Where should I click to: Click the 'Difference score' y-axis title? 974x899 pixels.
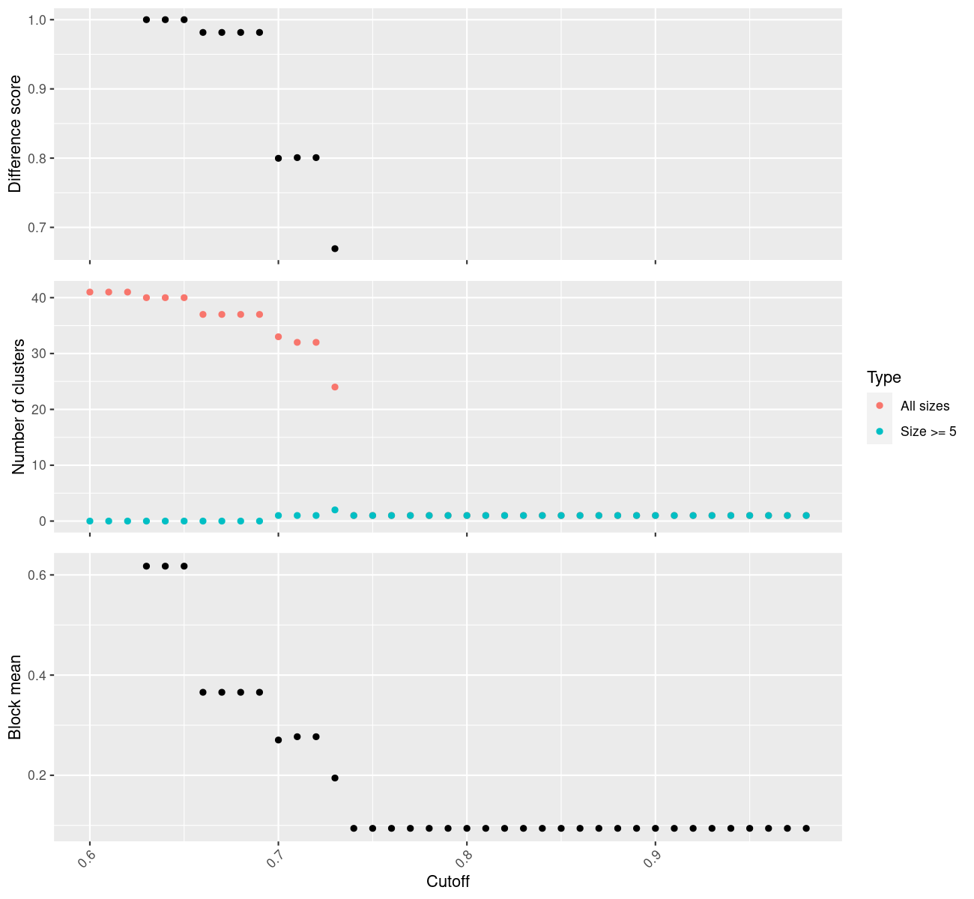(15, 134)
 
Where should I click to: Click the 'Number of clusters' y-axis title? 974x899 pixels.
(19, 407)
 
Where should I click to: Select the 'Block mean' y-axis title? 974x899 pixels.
(15, 697)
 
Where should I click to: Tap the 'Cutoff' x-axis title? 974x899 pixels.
(447, 882)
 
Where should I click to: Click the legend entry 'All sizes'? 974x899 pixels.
(925, 406)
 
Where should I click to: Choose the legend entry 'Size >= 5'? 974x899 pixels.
(928, 432)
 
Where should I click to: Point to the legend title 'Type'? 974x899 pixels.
(883, 378)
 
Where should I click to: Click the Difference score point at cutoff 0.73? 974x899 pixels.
(335, 249)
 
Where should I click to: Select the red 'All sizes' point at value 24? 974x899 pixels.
(335, 387)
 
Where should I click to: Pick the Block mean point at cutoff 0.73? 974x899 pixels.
(335, 778)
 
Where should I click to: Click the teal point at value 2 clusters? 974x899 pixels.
(335, 510)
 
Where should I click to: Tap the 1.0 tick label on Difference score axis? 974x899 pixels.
(37, 19)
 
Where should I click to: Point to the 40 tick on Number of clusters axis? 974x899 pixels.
(40, 298)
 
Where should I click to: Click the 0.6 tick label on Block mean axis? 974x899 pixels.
(37, 575)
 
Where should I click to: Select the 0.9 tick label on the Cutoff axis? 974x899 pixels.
(651, 858)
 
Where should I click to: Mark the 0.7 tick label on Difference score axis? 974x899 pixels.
(37, 228)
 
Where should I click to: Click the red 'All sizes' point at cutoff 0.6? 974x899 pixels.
(90, 292)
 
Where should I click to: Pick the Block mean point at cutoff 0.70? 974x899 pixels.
(278, 740)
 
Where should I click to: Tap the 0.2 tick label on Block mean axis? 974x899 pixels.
(37, 775)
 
